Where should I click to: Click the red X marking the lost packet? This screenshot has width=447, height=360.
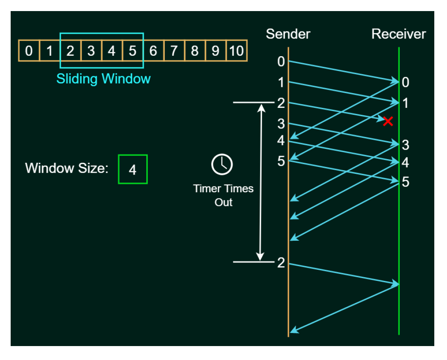coord(388,121)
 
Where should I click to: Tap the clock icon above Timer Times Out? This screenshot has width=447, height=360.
coord(222,164)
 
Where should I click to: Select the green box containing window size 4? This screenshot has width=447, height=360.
coord(132,169)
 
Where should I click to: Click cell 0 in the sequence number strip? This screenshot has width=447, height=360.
coord(29,51)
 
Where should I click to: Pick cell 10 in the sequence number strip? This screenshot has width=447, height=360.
coord(236,51)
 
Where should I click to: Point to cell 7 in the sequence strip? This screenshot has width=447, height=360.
coord(174,51)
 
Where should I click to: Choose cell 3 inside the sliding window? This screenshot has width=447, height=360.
coord(91,51)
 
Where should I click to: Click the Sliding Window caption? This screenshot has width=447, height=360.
coord(103,78)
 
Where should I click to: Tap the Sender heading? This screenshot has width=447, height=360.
coord(288,34)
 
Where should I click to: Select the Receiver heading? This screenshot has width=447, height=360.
coord(399,34)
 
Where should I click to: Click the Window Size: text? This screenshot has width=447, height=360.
coord(66,168)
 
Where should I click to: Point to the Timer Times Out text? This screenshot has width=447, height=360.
coord(223,195)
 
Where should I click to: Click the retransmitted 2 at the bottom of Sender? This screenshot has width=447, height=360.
coord(281,262)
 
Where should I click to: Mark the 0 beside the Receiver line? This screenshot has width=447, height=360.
coord(406,83)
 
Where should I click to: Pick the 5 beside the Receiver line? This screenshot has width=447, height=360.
coord(406,182)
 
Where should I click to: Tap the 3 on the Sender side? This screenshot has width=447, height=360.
coord(281,123)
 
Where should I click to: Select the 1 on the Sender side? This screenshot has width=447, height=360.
coord(281,82)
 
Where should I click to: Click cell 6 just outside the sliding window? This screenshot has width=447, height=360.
coord(153,51)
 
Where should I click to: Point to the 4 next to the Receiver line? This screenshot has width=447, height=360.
coord(406,163)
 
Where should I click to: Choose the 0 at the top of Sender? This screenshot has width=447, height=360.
coord(281,62)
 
